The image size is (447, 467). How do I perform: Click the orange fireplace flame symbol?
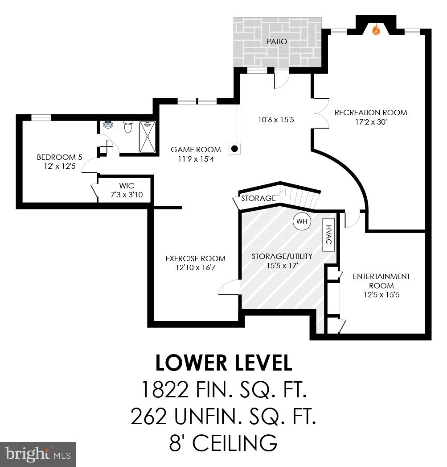coord(376,30)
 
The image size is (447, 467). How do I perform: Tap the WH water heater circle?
coord(301,221)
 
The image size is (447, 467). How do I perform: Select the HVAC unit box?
coord(329,234)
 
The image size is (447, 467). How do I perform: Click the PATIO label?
coord(277,42)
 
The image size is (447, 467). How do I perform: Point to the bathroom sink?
coord(108,125)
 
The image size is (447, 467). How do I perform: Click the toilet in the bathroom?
coord(128,127)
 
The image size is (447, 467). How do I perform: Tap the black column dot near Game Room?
coord(234,149)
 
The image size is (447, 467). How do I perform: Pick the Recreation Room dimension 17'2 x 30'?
coord(371,122)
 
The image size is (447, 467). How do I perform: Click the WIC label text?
coord(127,185)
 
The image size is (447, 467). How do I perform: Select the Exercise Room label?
coord(195,259)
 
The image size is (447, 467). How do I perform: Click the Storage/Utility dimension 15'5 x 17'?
coord(282,265)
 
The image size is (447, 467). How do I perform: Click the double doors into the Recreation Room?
coord(320,113)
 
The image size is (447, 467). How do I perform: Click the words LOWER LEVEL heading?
coord(223,363)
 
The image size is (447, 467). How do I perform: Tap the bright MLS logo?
coord(38,454)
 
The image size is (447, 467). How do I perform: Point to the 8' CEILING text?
coord(223,443)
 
